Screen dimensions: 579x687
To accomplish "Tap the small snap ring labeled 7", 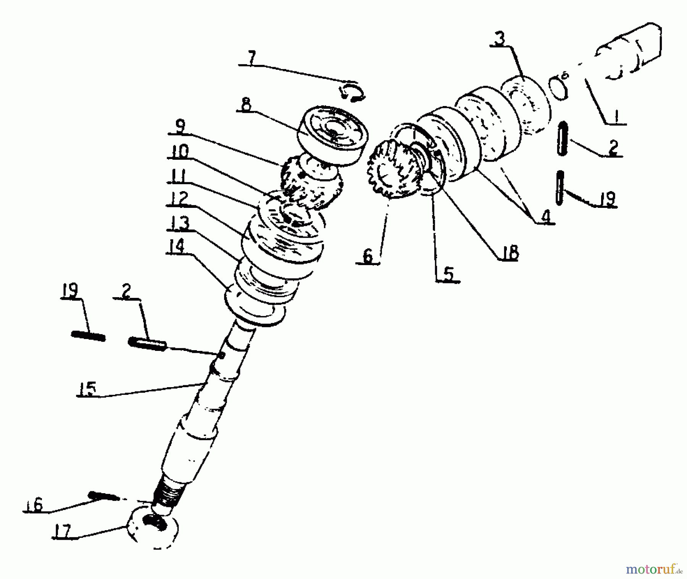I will pos(352,93).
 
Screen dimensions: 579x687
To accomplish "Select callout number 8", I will pos(246,104).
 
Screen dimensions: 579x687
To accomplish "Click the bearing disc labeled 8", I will pos(333,136).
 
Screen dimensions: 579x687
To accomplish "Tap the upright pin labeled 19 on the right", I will pos(560,187).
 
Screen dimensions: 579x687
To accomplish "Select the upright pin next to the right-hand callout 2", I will pos(562,138).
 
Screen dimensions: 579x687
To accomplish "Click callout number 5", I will pos(448,273).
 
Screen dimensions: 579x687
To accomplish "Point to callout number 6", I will pos(368,256).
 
